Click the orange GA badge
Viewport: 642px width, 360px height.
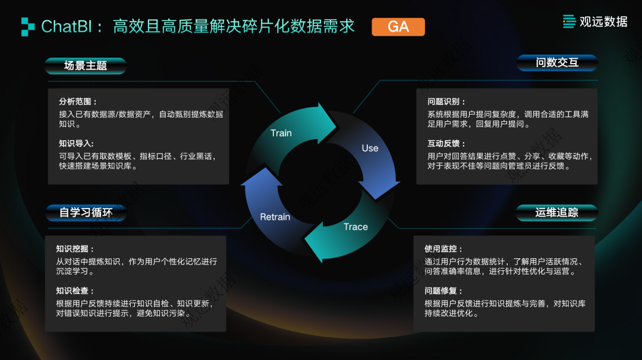tap(398, 27)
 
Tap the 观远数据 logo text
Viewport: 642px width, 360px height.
tap(603, 21)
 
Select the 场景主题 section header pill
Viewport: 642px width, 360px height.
tap(86, 65)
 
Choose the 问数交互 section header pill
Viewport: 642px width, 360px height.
tap(556, 62)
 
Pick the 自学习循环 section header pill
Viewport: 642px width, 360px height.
tap(86, 212)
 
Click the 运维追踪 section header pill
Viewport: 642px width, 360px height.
tap(556, 212)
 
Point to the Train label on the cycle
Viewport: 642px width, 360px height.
tap(281, 133)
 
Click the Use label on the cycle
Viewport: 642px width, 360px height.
tap(370, 149)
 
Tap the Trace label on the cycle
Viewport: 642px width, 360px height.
tap(355, 227)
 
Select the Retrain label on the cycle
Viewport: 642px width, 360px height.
tap(275, 217)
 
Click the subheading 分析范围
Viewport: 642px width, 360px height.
tap(78, 102)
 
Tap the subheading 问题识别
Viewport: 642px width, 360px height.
tap(446, 102)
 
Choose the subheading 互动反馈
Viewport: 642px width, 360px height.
tap(446, 144)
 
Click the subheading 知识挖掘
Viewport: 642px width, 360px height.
tap(75, 249)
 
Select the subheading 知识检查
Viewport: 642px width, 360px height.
tap(75, 291)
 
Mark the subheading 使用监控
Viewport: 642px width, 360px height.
tap(443, 249)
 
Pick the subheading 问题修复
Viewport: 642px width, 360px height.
tap(443, 291)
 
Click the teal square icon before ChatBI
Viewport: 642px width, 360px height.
tap(28, 26)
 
